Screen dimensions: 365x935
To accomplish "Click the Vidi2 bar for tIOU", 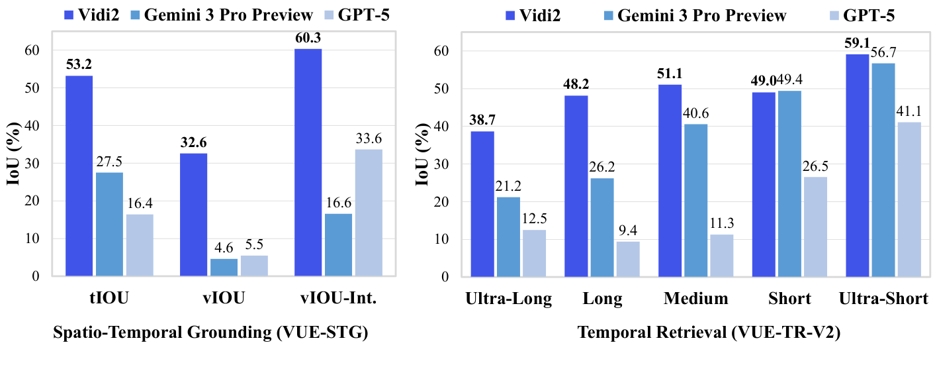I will click(79, 176).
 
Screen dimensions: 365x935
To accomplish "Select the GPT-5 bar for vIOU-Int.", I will click(369, 212).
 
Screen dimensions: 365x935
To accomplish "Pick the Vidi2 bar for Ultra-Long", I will click(481, 203).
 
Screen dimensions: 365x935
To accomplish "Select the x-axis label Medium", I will click(695, 299).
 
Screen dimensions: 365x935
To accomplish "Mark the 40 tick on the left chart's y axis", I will click(31, 126).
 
